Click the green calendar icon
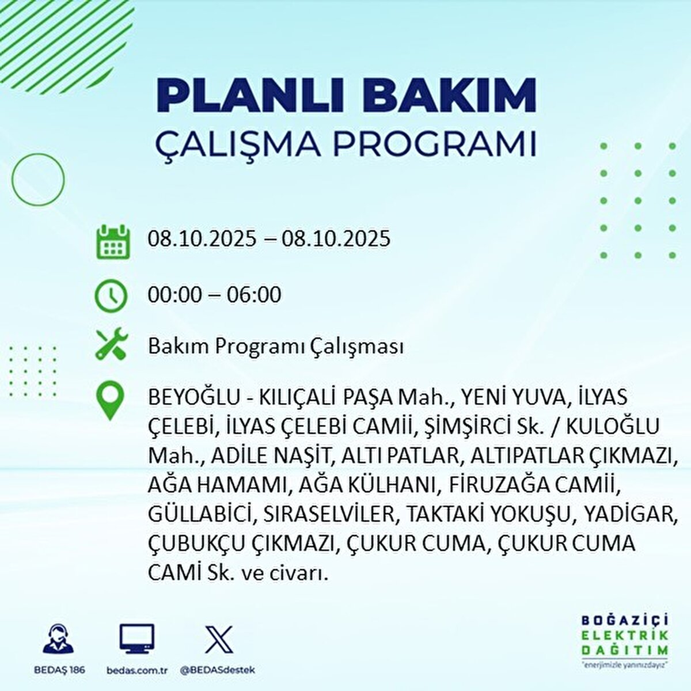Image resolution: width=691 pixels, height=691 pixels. [x=112, y=242]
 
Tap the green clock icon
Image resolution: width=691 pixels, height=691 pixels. [x=111, y=296]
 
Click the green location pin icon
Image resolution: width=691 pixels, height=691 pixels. [x=110, y=402]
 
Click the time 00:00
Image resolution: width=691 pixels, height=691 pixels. [x=174, y=295]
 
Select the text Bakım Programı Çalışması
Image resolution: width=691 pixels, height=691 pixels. [x=275, y=347]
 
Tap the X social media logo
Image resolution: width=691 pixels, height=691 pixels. [x=219, y=640]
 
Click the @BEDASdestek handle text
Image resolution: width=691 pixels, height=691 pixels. [x=217, y=670]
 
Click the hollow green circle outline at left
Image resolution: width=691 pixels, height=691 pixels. [x=38, y=180]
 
